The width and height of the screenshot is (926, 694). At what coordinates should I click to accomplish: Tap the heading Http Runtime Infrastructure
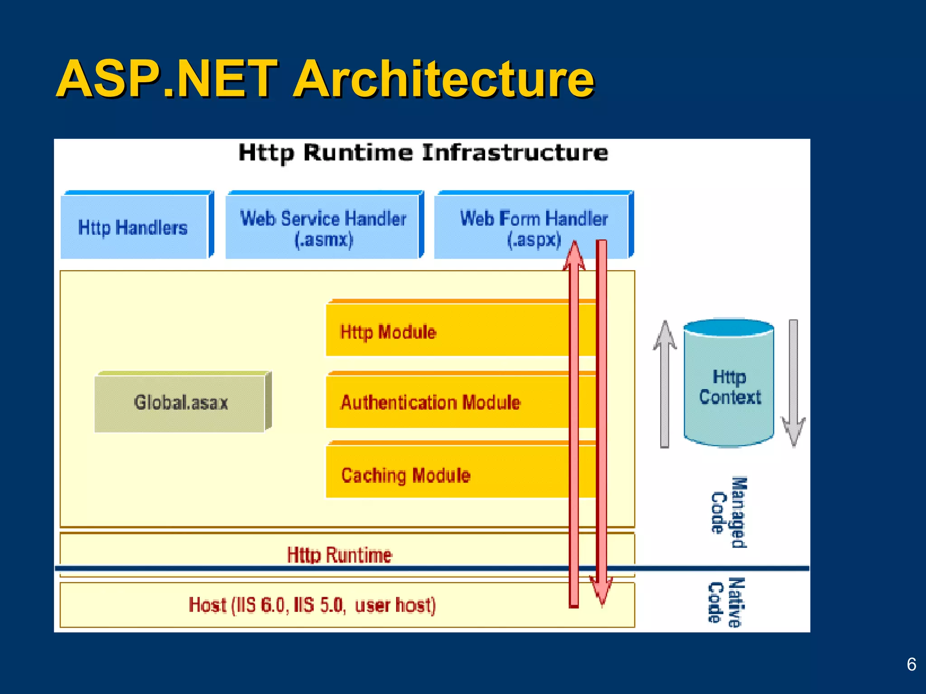pyautogui.click(x=423, y=153)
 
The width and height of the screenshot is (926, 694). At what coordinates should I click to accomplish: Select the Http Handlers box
pyautogui.click(x=133, y=227)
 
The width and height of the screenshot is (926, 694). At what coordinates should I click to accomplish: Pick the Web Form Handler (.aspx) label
pyautogui.click(x=534, y=228)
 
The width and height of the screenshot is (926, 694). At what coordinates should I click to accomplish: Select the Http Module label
pyautogui.click(x=388, y=332)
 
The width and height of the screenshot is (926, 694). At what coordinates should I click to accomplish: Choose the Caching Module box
pyautogui.click(x=406, y=475)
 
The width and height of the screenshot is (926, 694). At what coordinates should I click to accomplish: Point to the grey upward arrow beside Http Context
pyautogui.click(x=665, y=384)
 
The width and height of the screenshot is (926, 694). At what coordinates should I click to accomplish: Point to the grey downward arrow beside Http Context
pyautogui.click(x=793, y=384)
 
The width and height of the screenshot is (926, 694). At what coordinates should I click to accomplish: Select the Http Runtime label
pyautogui.click(x=339, y=555)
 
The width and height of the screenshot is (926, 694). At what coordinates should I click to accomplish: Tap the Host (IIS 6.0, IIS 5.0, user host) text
pyautogui.click(x=312, y=605)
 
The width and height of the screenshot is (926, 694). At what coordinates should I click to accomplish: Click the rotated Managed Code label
pyautogui.click(x=729, y=513)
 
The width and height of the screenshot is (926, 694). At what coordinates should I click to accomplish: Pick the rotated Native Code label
pyautogui.click(x=726, y=602)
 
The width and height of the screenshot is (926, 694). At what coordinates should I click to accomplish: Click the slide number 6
pyautogui.click(x=911, y=665)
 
